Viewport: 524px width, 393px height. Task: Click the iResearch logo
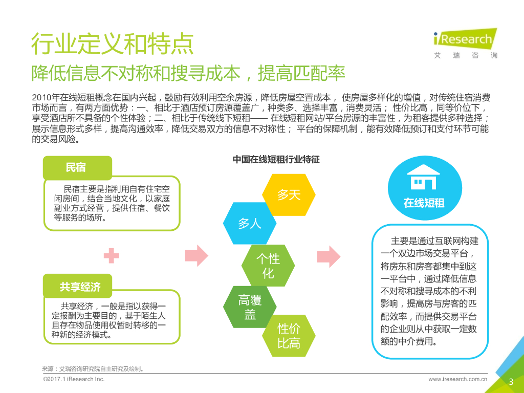click(465, 43)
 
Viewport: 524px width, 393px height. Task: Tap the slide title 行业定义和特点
click(113, 44)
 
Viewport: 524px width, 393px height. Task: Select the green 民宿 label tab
click(77, 167)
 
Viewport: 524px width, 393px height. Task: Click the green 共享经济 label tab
click(80, 287)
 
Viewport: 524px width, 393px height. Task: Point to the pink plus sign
click(111, 255)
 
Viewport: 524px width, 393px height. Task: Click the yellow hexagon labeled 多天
click(289, 195)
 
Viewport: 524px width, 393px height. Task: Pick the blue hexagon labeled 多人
click(250, 223)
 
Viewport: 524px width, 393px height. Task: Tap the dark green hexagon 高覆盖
click(250, 307)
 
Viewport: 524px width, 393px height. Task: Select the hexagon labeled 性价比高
click(289, 336)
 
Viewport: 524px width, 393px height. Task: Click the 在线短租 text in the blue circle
click(424, 203)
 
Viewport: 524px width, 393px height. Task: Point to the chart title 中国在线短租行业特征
click(276, 159)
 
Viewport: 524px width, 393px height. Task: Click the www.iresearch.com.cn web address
click(457, 379)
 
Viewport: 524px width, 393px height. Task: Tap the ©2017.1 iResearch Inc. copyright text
click(74, 379)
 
